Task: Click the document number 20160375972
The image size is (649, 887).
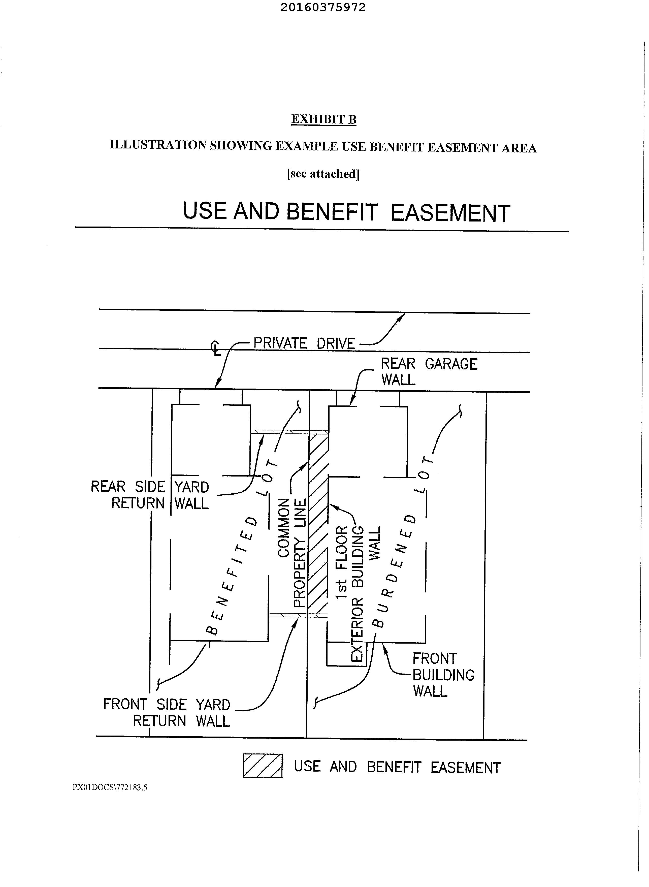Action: [323, 8]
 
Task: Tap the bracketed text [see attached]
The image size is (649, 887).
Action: [323, 174]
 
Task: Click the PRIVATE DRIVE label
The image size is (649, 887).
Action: [304, 343]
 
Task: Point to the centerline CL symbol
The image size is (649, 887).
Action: [216, 348]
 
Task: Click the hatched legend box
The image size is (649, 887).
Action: [263, 766]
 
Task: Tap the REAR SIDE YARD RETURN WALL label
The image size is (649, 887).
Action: [150, 495]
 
